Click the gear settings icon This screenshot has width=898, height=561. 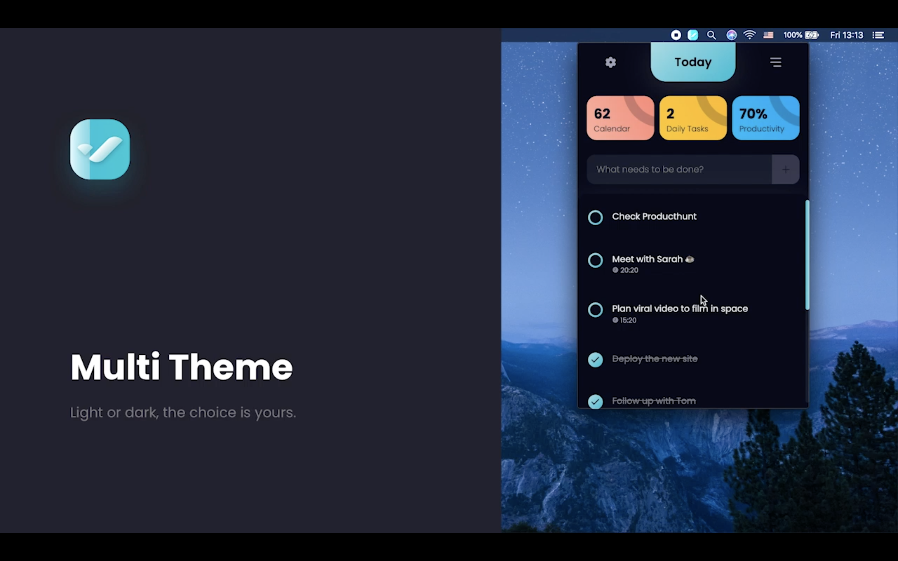pos(611,62)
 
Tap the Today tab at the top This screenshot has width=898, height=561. pos(693,62)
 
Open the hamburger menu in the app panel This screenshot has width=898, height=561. pos(775,62)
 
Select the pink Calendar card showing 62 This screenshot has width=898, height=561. pos(620,118)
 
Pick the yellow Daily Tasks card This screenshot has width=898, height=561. pos(693,118)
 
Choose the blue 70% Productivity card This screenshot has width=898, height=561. pos(765,118)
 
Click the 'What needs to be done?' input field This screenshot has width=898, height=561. pos(679,170)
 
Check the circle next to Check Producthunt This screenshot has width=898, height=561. pos(595,218)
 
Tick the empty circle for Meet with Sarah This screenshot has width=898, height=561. pos(595,260)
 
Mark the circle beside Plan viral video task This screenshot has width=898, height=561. pos(595,310)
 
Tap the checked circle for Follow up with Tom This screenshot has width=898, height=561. pos(595,401)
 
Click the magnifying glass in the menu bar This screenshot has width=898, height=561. pos(711,35)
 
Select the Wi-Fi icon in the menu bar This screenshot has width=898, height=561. pos(750,35)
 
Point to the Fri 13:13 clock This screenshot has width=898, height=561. pos(847,35)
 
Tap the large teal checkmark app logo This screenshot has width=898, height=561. pos(100,150)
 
